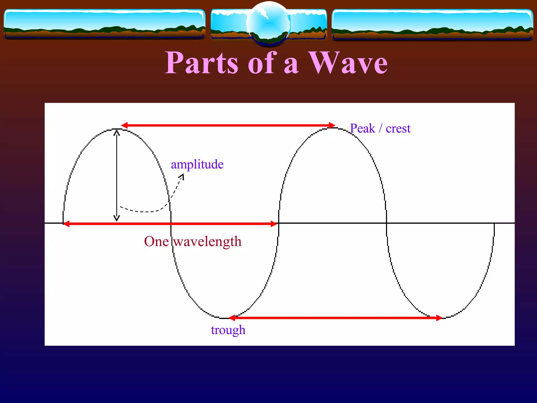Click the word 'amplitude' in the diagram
pos(197,165)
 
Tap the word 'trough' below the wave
pos(228,330)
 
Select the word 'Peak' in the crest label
pos(363,129)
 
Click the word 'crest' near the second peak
pos(398,129)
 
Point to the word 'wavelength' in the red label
pos(207,242)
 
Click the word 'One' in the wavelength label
pos(156,242)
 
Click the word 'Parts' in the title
pos(202,63)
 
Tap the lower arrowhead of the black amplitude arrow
pos(117,218)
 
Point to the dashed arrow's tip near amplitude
pos(182,176)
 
